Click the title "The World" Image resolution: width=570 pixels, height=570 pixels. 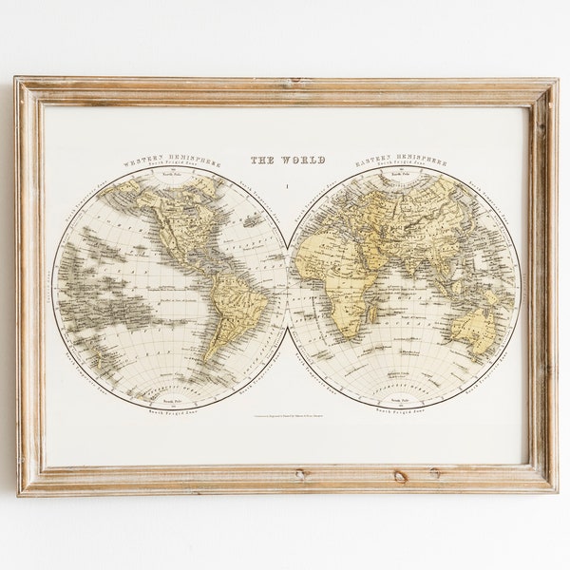[287, 160]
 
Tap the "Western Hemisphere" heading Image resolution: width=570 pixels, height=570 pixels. [170, 162]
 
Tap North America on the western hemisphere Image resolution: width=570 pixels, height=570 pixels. [180, 228]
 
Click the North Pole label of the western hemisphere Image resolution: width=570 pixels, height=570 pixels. [170, 175]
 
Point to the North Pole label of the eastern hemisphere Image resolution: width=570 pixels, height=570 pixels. [406, 175]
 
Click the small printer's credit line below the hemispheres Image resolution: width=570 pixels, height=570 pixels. [287, 415]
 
